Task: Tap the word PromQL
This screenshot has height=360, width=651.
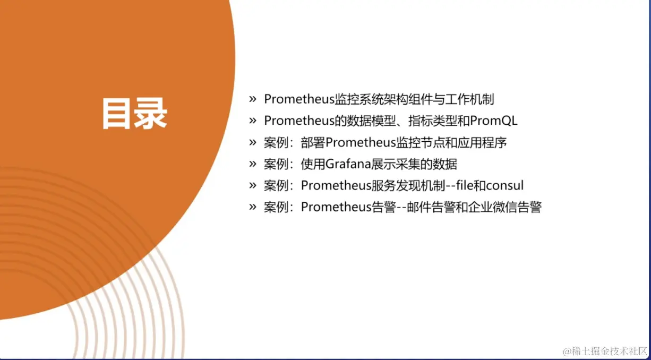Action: point(493,121)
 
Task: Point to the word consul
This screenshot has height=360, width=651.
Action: point(504,185)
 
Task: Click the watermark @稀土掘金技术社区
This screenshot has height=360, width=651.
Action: point(605,352)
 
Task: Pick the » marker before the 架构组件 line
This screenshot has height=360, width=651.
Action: point(253,99)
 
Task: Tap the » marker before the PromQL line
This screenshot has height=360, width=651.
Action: point(253,121)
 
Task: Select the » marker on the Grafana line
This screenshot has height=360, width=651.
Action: point(253,164)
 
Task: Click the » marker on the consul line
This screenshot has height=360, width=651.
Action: point(253,185)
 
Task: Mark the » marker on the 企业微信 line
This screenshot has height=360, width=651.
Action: point(253,207)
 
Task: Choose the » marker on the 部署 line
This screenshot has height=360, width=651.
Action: point(253,142)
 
